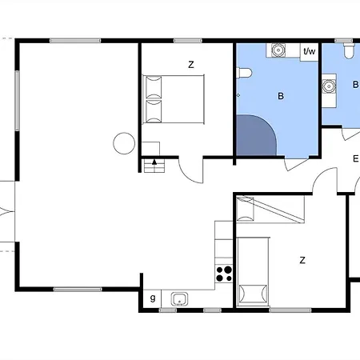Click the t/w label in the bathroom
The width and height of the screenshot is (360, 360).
pyautogui.click(x=310, y=51)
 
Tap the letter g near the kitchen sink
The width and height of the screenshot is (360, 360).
pyautogui.click(x=153, y=298)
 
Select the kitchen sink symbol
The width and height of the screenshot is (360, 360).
pyautogui.click(x=179, y=299)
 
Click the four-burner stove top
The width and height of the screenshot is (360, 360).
pyautogui.click(x=224, y=274)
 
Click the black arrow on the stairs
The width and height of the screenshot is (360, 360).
pyautogui.click(x=154, y=162)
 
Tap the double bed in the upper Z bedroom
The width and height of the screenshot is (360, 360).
pyautogui.click(x=174, y=99)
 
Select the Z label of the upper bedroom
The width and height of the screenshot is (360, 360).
pyautogui.click(x=191, y=65)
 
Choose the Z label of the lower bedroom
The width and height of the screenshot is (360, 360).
pyautogui.click(x=302, y=260)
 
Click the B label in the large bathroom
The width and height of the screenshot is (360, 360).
pyautogui.click(x=281, y=96)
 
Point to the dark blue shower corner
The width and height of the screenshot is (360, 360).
pyautogui.click(x=255, y=135)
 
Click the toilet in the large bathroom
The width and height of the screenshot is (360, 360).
pyautogui.click(x=244, y=73)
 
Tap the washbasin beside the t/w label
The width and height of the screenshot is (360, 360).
pyautogui.click(x=278, y=50)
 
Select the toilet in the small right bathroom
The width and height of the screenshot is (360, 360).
pyautogui.click(x=350, y=51)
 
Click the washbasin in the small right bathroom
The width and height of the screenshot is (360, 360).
pyautogui.click(x=329, y=86)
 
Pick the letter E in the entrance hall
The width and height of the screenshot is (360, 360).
pyautogui.click(x=355, y=158)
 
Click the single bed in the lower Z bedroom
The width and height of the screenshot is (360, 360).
pyautogui.click(x=253, y=271)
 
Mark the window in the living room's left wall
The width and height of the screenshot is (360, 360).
pyautogui.click(x=17, y=101)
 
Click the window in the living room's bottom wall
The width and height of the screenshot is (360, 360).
pyautogui.click(x=78, y=290)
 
